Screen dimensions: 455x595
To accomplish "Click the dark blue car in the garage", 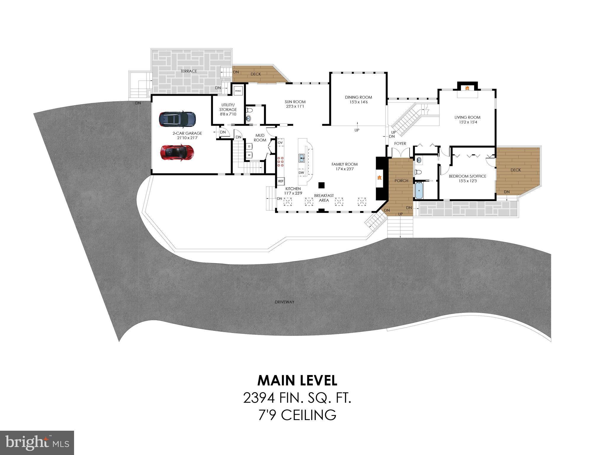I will coord(177,119).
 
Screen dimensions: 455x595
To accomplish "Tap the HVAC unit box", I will coord(238,91).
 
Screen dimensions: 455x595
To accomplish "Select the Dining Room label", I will coord(358,97).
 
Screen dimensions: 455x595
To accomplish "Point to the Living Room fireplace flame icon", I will coord(467,88).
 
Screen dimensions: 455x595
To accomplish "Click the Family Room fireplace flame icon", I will coord(379,178).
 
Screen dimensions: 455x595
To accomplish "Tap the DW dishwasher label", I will coord(301,173).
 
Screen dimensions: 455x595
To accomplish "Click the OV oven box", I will coord(280,143).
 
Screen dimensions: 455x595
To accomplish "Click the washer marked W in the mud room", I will coord(249,155).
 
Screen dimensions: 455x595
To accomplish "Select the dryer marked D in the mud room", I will coord(249,146).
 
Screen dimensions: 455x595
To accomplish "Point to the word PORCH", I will coord(401,181).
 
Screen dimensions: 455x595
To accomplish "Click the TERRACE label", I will coord(189,71).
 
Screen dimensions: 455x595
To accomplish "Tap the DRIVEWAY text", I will coord(284,302).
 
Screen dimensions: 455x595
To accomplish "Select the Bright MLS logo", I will coord(37,443).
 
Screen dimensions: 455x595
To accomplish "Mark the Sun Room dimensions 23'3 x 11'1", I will coord(295,106).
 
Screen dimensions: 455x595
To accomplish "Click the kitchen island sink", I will coord(302,158).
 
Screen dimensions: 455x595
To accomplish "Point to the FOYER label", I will coord(400,144).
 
